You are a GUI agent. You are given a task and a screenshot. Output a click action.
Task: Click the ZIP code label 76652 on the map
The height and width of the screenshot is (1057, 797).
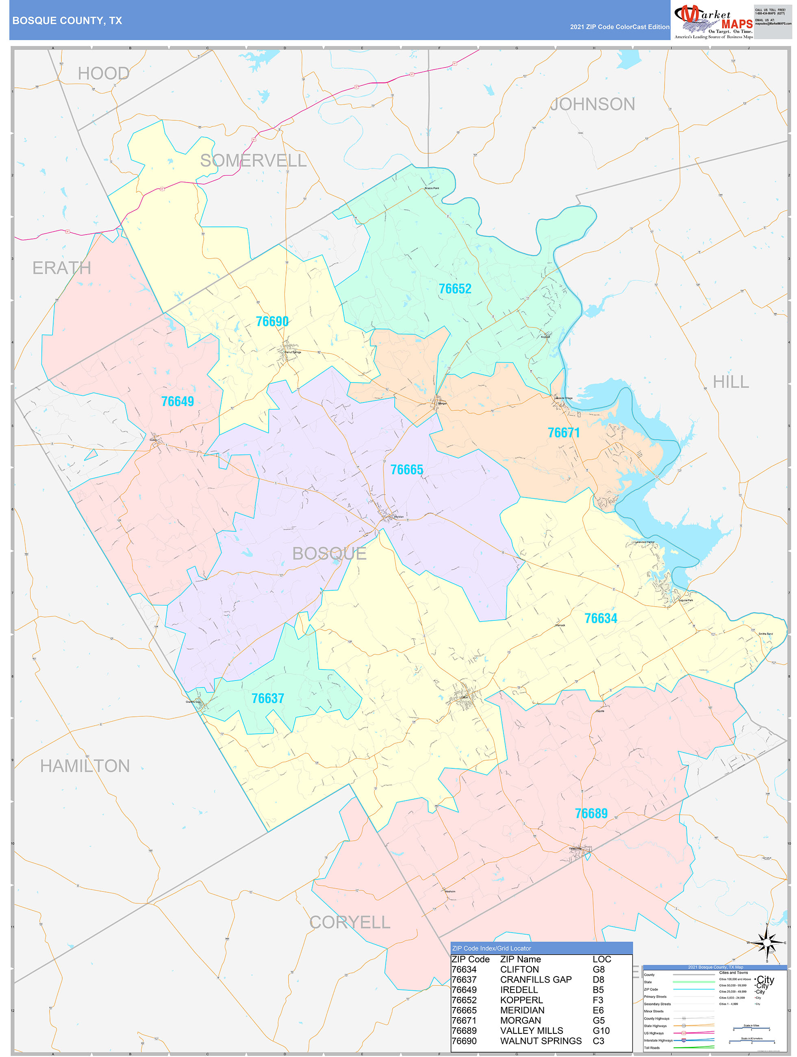coord(455,289)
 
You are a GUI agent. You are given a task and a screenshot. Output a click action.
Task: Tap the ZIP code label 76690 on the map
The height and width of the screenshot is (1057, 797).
coord(272,321)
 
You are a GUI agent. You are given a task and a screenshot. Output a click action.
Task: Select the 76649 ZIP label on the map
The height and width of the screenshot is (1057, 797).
coord(177,401)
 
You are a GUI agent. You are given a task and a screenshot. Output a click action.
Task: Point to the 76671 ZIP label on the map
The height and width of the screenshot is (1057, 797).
coord(563,433)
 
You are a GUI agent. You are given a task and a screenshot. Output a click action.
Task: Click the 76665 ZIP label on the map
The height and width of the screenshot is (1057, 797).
coord(406,470)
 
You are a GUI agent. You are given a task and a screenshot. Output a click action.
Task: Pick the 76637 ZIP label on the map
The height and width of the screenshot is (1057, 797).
coord(267,698)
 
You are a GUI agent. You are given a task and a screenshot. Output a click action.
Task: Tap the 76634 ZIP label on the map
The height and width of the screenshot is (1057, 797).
coord(601,618)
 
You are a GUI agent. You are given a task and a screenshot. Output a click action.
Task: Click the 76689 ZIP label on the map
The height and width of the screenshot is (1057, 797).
coord(591,813)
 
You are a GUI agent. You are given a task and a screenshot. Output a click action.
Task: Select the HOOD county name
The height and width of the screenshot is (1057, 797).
coord(103,74)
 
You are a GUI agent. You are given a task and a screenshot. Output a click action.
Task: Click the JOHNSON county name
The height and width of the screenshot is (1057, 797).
coord(593,104)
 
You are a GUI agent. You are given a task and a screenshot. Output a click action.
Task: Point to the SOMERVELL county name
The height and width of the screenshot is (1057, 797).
coord(253,161)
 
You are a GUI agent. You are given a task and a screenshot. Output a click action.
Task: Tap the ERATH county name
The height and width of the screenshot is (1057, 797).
coord(62,268)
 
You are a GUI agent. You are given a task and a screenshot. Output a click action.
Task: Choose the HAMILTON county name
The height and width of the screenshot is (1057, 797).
coord(85,766)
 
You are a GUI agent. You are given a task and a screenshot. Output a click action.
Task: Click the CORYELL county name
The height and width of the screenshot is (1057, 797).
coord(350,922)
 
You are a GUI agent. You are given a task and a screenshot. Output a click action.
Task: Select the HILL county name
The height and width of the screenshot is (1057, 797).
coord(731,382)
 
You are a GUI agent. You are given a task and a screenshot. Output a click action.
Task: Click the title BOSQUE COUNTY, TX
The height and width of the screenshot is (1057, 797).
coord(67,21)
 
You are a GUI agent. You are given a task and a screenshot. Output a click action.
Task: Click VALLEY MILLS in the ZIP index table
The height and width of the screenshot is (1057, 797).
coord(531,1031)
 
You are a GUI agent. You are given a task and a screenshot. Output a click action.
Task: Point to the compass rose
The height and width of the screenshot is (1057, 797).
coord(767,943)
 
